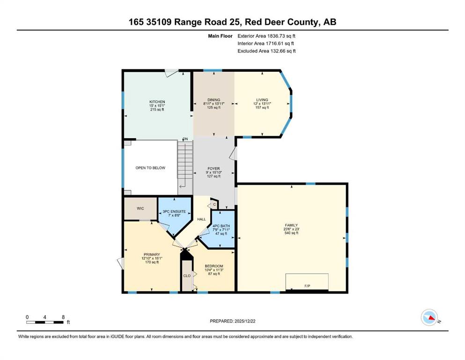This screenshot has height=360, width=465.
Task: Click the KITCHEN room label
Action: [157, 102]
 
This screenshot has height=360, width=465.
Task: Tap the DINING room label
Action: [214, 100]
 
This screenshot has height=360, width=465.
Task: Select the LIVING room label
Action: [262, 100]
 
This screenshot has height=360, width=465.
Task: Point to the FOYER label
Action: [214, 169]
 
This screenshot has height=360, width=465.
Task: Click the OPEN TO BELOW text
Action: [150, 168]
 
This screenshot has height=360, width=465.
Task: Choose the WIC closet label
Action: [140, 208]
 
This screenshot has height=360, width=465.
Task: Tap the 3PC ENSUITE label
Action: [174, 211]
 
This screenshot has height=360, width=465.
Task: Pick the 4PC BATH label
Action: [221, 226]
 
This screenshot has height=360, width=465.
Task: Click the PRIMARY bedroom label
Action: [152, 255]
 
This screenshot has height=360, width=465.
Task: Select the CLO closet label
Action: [187, 276]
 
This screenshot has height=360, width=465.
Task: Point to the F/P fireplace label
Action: [307, 286]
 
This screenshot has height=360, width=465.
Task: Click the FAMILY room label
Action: [292, 225]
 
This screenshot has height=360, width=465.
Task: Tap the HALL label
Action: [201, 219]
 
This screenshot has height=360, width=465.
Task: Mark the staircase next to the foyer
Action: [185, 165]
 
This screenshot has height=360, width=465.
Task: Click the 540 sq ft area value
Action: [292, 233]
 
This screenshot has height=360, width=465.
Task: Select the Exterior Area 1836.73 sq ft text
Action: [266, 36]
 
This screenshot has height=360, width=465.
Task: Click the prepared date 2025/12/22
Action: [244, 321]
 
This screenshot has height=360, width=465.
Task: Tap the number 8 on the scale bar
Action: [63, 317]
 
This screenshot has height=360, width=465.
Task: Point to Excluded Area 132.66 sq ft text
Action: [266, 51]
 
